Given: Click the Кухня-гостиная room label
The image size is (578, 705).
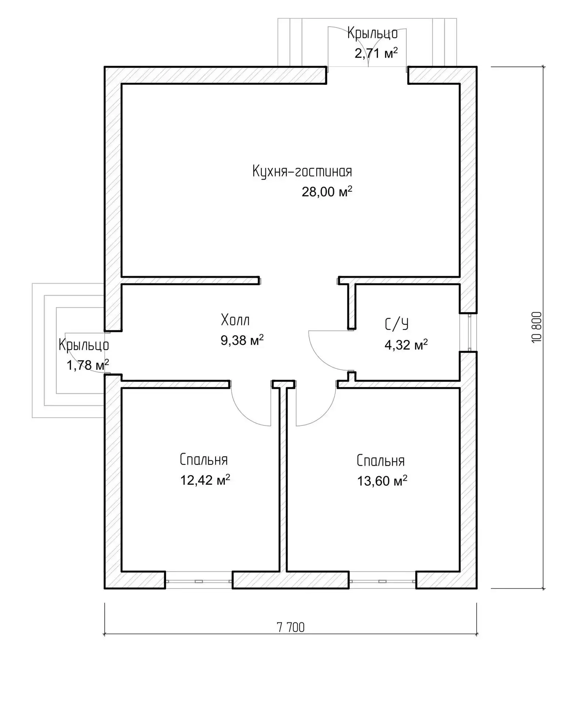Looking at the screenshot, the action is click(302, 171).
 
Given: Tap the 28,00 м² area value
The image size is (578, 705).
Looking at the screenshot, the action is click(327, 191).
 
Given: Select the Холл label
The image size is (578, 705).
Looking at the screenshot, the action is click(235, 320).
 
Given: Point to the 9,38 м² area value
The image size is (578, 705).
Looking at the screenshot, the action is click(242, 340).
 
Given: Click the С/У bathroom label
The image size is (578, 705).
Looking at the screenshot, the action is click(396, 324).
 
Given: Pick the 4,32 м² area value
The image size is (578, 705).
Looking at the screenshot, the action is click(406, 344).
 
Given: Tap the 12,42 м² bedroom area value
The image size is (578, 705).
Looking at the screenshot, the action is click(205, 480).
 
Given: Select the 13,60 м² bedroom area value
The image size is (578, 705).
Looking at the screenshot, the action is click(382, 480).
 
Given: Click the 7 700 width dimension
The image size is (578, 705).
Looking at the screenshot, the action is click(290, 628).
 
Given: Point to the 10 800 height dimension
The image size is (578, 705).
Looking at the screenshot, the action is click(536, 327).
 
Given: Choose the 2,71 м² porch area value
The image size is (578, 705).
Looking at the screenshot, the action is click(376, 53).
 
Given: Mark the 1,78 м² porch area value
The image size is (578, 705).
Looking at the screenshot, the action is click(88, 365).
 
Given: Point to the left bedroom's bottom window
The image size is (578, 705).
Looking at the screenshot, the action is click(199, 581).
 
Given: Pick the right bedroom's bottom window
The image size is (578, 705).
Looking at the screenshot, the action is click(382, 581).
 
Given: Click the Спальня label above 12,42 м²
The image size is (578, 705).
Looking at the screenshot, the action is click(204, 460).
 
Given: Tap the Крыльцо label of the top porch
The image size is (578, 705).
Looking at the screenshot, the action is click(372, 33).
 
